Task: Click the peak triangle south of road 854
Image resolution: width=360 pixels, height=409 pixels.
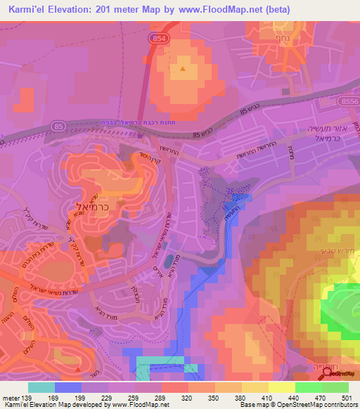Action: pos(183,69)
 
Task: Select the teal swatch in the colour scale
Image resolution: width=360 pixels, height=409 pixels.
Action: pos(41,387)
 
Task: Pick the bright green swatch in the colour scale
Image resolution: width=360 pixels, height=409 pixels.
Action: pos(308,387)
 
